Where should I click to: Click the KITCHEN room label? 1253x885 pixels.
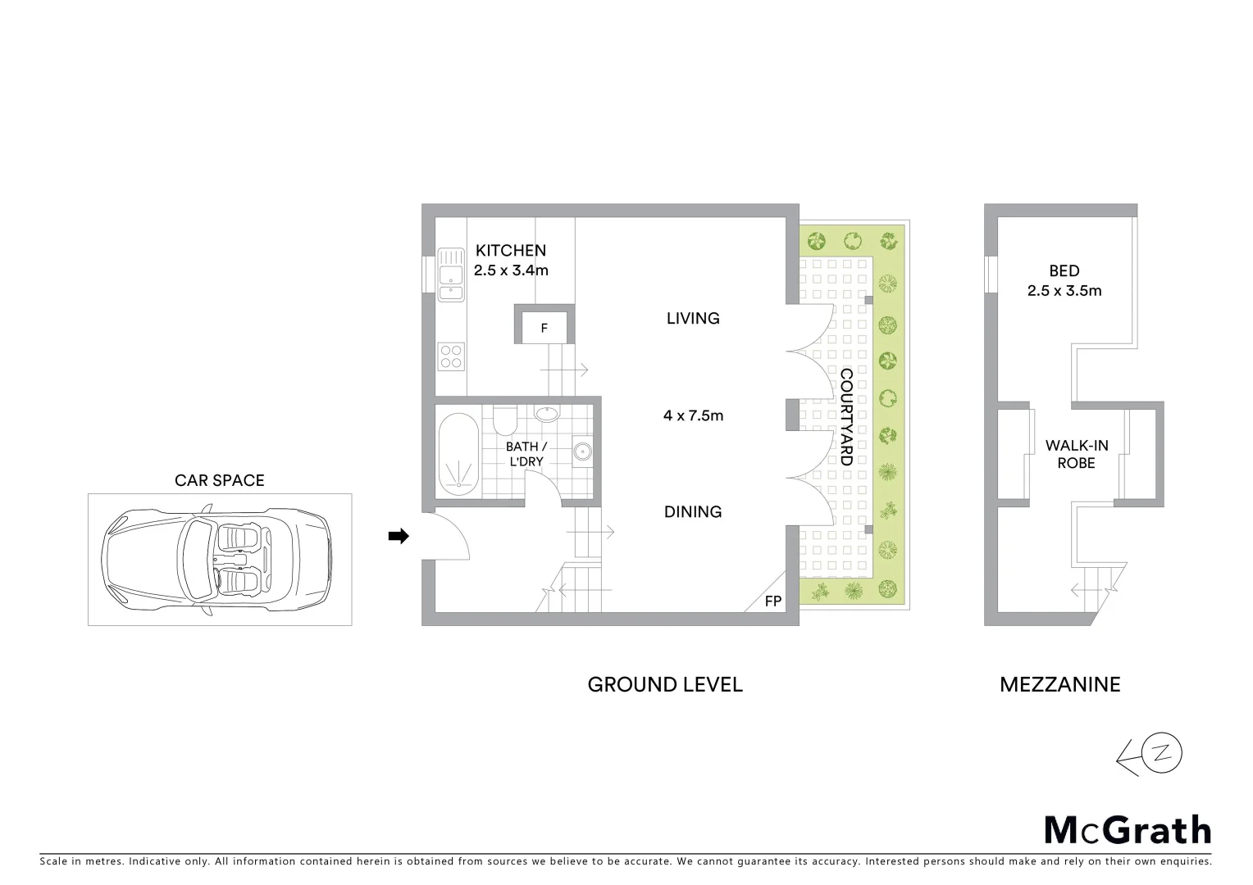pos(510,251)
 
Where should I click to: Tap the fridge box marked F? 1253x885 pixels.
pos(544,328)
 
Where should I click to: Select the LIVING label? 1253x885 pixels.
pos(693,318)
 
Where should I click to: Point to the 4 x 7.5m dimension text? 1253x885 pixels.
pos(693,415)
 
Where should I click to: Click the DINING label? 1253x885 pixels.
pos(693,511)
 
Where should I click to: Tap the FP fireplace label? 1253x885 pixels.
pos(772,601)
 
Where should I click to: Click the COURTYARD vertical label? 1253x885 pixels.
pos(846,417)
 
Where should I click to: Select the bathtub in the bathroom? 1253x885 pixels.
pos(457,454)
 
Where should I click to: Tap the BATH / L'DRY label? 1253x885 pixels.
pos(526,454)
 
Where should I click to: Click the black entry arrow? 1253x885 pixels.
pos(398,536)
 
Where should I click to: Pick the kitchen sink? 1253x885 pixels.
pos(450,274)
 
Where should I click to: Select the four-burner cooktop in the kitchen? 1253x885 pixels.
pos(451,356)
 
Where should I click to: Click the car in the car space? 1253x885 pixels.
pos(218,560)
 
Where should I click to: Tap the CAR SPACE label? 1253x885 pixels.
pos(219,480)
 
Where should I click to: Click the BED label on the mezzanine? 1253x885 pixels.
pos(1064,270)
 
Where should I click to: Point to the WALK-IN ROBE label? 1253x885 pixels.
pos(1076,454)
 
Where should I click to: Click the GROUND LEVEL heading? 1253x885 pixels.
pos(665,684)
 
